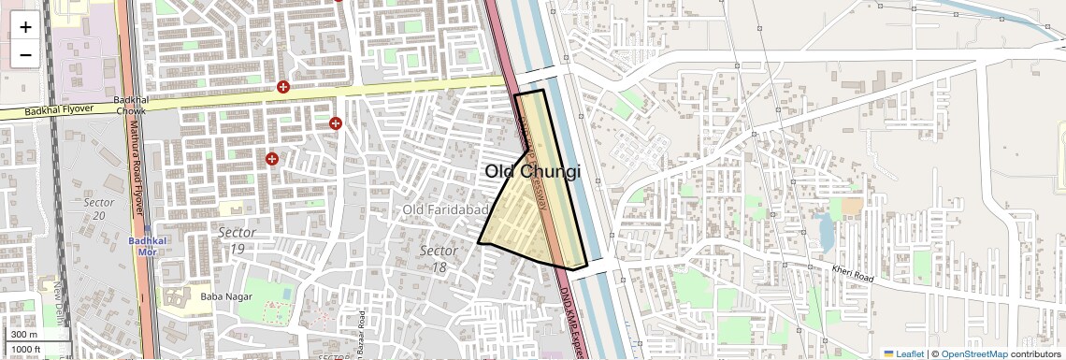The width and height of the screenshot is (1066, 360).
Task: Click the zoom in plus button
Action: pos(25,27)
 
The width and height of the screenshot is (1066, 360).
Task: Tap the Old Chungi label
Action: pos(533,172)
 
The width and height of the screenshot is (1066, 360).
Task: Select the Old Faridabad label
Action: pos(444,209)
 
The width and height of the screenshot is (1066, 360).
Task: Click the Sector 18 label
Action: pos(439,259)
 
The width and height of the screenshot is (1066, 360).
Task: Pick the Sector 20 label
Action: pos(98,209)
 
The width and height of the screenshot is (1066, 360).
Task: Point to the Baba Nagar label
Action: pos(222,296)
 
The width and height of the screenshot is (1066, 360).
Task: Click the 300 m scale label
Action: pos(24,335)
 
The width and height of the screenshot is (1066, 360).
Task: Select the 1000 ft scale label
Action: pos(26,350)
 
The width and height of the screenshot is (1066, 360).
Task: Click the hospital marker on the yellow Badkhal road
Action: pos(283,87)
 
